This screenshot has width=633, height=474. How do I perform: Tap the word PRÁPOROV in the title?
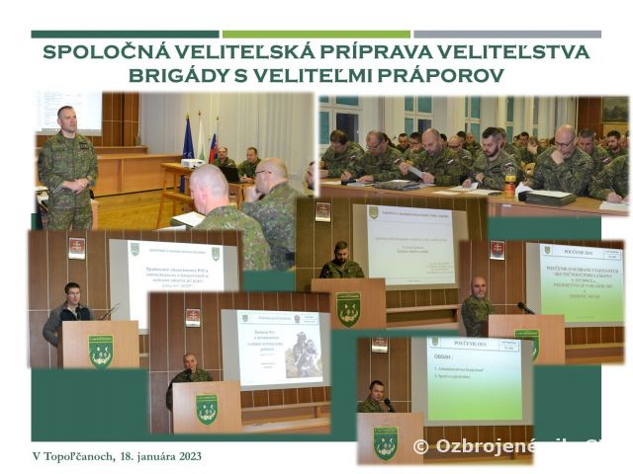(451, 75)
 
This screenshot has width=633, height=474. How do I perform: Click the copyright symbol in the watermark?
(420, 446)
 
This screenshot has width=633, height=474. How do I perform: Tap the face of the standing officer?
(66, 120)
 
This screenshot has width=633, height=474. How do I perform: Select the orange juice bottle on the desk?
(510, 182)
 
